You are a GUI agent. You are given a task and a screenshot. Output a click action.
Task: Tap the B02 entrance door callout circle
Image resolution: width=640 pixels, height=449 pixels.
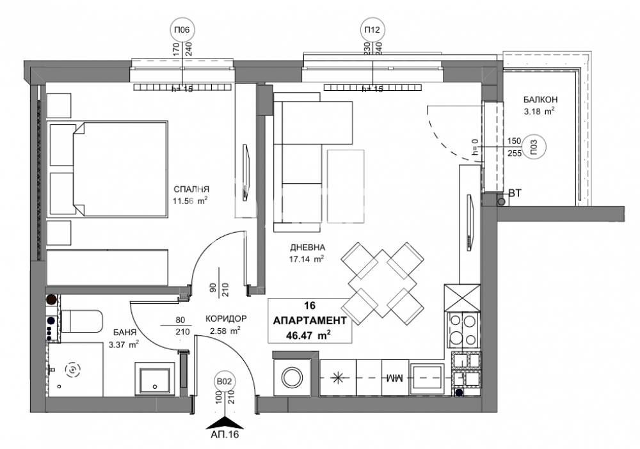click(225, 382)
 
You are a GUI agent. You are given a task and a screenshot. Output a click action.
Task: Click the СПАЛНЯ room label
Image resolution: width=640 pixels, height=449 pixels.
click(191, 189)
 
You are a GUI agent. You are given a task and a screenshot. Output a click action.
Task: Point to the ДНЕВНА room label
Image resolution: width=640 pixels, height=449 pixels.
click(307, 248)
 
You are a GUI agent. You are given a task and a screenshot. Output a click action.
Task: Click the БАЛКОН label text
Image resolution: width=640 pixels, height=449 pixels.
click(540, 100)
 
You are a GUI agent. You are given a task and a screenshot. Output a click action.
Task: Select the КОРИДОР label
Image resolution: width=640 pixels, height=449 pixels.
click(227, 319)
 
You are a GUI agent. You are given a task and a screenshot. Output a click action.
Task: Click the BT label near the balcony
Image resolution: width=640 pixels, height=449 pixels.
click(515, 193)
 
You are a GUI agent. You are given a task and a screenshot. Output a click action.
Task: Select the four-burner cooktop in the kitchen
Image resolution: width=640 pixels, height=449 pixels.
click(462, 329)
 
